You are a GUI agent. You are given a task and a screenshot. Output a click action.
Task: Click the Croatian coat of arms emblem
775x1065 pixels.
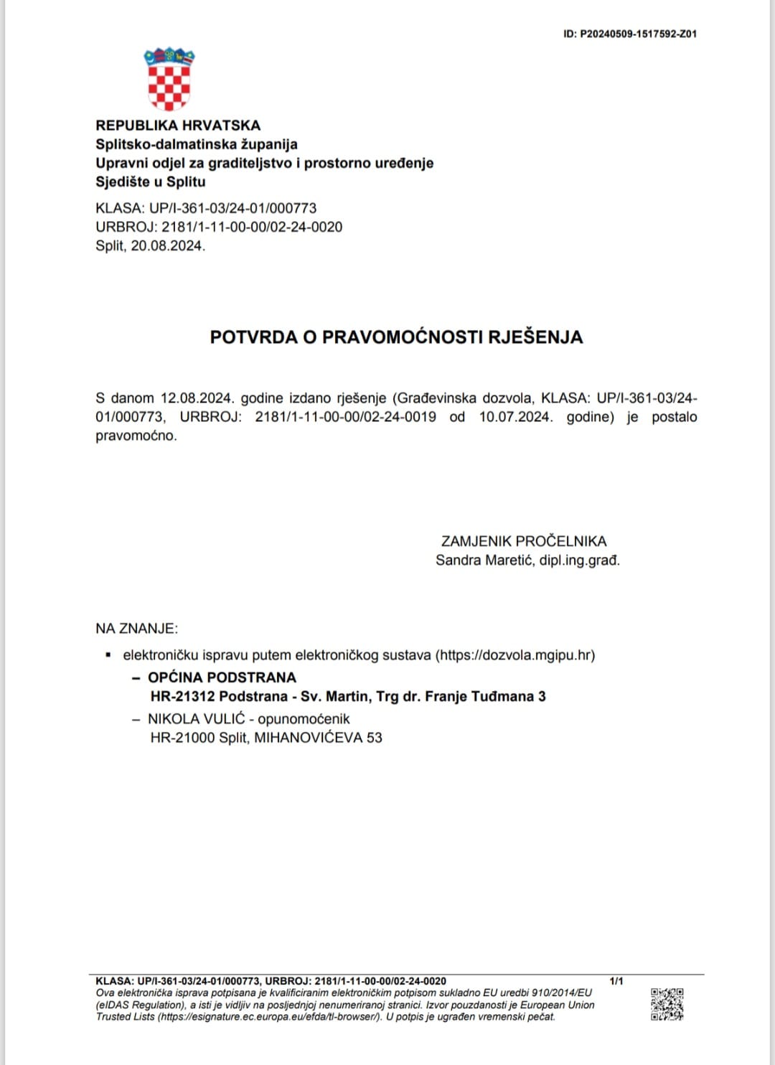pyautogui.click(x=169, y=79)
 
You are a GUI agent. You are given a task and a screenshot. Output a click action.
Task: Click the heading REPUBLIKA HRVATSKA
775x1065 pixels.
pyautogui.click(x=178, y=126)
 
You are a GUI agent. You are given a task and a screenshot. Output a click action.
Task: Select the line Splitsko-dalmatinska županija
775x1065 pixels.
pyautogui.click(x=197, y=144)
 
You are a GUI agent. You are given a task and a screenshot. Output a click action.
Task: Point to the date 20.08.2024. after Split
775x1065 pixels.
pyautogui.click(x=168, y=245)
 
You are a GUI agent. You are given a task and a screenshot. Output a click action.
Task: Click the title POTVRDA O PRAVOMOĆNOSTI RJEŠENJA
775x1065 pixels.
pyautogui.click(x=396, y=337)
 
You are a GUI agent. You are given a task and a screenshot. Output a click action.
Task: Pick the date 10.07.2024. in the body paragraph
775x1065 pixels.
pyautogui.click(x=516, y=417)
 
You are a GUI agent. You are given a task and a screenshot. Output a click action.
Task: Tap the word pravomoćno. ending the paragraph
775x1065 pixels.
pyautogui.click(x=136, y=436)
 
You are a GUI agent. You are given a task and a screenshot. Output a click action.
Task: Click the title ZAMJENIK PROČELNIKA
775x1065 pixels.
pyautogui.click(x=524, y=541)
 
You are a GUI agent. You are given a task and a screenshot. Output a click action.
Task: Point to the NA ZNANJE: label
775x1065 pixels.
pyautogui.click(x=136, y=629)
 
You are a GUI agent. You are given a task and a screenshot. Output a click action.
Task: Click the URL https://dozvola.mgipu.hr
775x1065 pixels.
pyautogui.click(x=515, y=655)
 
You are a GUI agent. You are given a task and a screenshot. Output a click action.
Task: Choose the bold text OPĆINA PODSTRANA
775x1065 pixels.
pyautogui.click(x=222, y=677)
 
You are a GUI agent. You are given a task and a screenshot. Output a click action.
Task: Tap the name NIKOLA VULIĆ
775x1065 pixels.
pyautogui.click(x=196, y=718)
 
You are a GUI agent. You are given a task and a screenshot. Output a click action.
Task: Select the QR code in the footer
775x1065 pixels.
pyautogui.click(x=667, y=1004)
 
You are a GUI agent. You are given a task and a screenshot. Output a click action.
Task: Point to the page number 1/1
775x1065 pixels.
pyautogui.click(x=616, y=981)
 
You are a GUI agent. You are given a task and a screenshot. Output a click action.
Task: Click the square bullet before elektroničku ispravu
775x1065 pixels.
pyautogui.click(x=108, y=655)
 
